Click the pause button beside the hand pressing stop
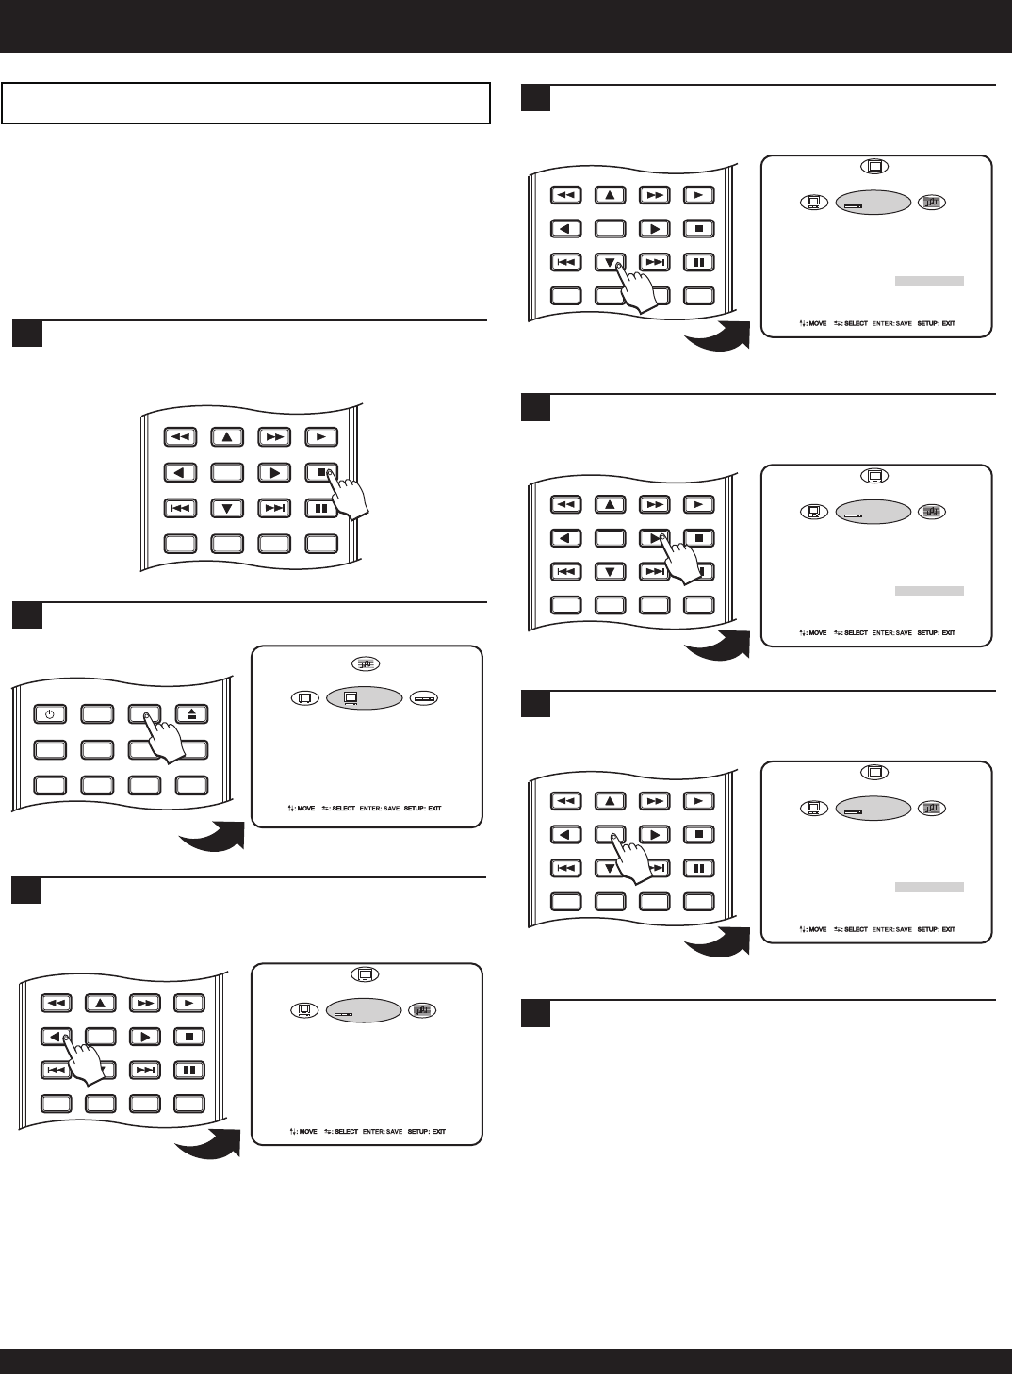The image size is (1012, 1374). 321,509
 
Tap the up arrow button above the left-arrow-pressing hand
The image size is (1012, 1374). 101,1003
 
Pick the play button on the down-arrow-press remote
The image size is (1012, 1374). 698,196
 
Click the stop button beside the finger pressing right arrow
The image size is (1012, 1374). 698,539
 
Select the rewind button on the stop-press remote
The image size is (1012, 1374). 179,436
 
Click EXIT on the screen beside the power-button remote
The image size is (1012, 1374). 433,809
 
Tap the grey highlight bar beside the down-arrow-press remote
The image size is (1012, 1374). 929,281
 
